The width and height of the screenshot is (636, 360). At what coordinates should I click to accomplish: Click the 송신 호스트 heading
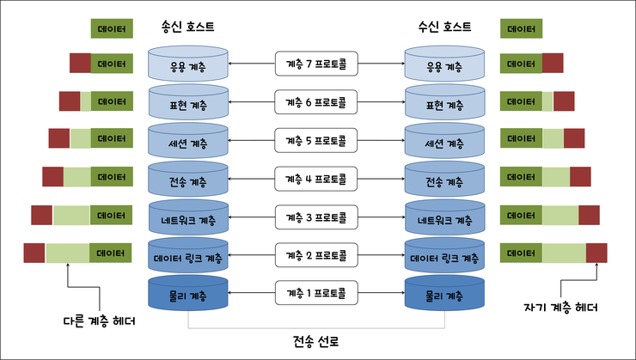pyautogui.click(x=187, y=27)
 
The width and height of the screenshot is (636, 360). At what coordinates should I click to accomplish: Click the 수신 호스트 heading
pyautogui.click(x=443, y=27)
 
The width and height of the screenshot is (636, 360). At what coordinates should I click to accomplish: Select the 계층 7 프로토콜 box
pyautogui.click(x=315, y=64)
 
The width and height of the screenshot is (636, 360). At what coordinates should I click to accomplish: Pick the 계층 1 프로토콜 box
pyautogui.click(x=315, y=293)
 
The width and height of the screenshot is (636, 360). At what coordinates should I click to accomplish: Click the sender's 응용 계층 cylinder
pyautogui.click(x=188, y=64)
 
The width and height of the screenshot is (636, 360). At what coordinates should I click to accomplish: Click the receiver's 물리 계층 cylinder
pyautogui.click(x=444, y=294)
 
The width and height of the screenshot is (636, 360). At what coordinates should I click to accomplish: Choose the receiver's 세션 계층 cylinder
pyautogui.click(x=444, y=141)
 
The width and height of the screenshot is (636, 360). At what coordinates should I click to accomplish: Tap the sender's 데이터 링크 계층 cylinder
pyautogui.click(x=188, y=256)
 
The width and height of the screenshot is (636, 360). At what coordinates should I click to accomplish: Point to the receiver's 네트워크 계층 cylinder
pyautogui.click(x=444, y=218)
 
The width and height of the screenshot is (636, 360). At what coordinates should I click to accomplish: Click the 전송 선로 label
pyautogui.click(x=316, y=341)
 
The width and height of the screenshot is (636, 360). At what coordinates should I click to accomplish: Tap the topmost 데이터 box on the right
pyautogui.click(x=521, y=28)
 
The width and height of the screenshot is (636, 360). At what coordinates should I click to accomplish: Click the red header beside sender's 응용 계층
pyautogui.click(x=80, y=63)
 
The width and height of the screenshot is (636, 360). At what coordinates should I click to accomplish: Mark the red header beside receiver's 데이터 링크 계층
pyautogui.click(x=596, y=253)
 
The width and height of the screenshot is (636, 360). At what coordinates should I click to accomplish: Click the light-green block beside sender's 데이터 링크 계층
pyautogui.click(x=67, y=253)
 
